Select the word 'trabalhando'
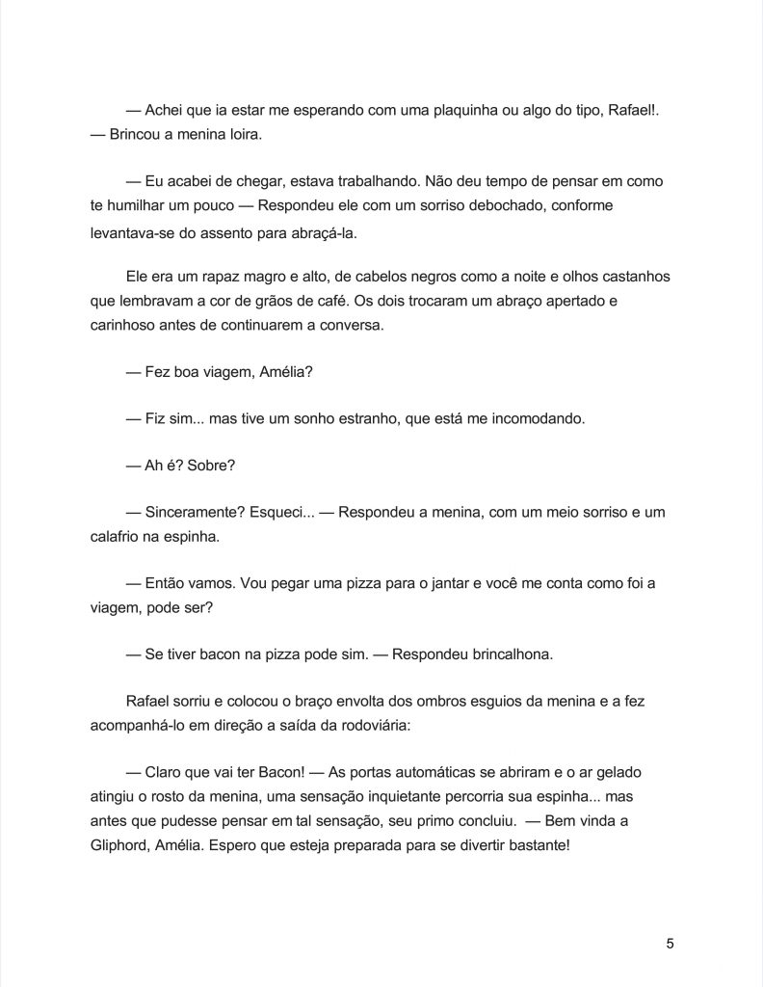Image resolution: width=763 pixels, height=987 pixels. [377, 181]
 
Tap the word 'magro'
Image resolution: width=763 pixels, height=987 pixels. [250, 277]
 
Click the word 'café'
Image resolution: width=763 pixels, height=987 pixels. [367, 301]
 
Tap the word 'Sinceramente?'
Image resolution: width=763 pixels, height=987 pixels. [192, 514]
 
